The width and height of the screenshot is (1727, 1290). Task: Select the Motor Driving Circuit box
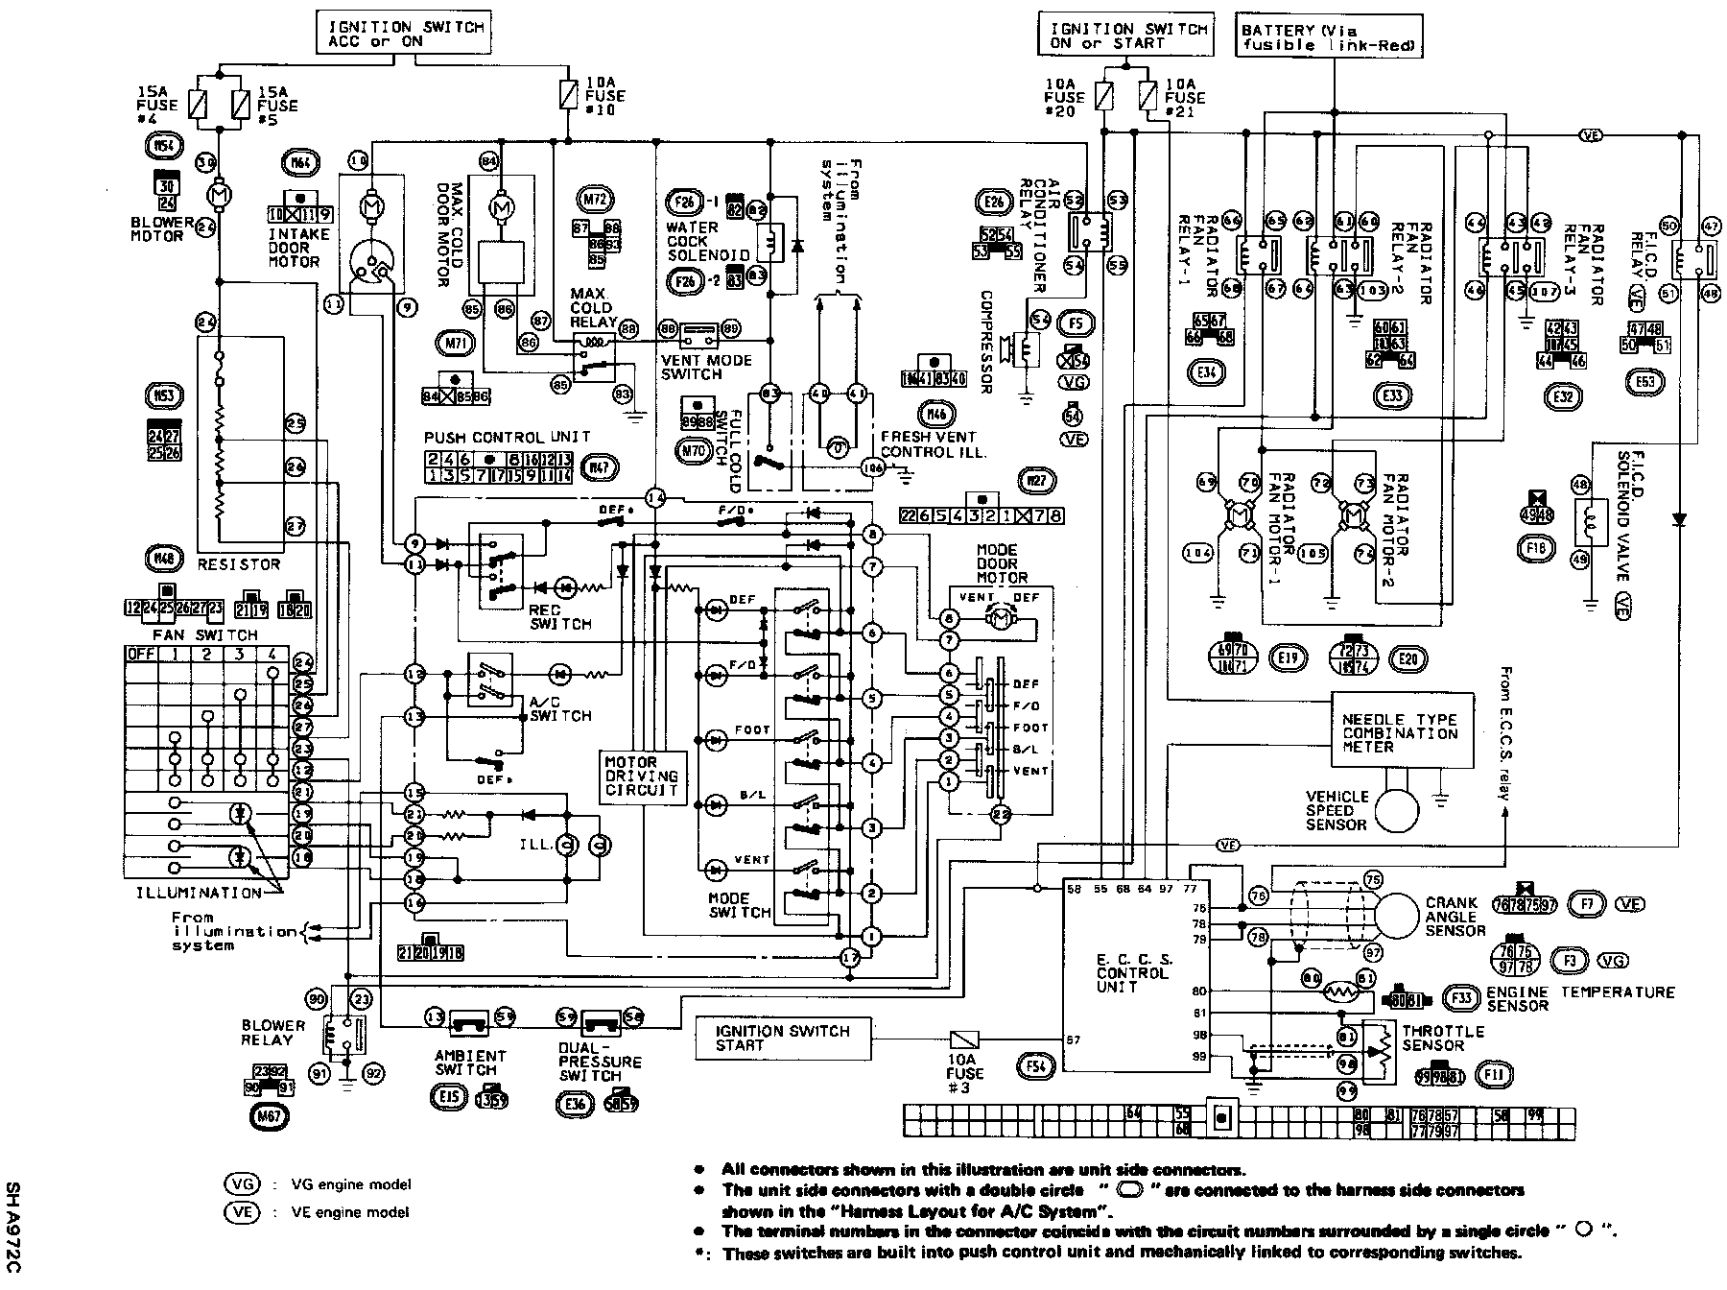coord(642,776)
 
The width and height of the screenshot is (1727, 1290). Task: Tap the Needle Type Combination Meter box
coord(1401,731)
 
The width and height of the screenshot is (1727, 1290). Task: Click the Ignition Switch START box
coord(783,1039)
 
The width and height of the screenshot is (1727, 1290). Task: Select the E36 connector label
coord(576,1105)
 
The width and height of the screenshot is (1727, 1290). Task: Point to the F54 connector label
coord(1034,1066)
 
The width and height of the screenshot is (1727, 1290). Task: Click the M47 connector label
coord(600,468)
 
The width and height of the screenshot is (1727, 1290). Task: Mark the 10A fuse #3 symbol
coord(963,1039)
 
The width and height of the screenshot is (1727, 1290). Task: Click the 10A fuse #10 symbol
coord(567,94)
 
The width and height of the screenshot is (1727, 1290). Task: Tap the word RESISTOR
coord(238,564)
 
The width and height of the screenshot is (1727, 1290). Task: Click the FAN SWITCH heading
coord(205,634)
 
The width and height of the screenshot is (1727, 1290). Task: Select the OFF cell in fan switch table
coord(142,656)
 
